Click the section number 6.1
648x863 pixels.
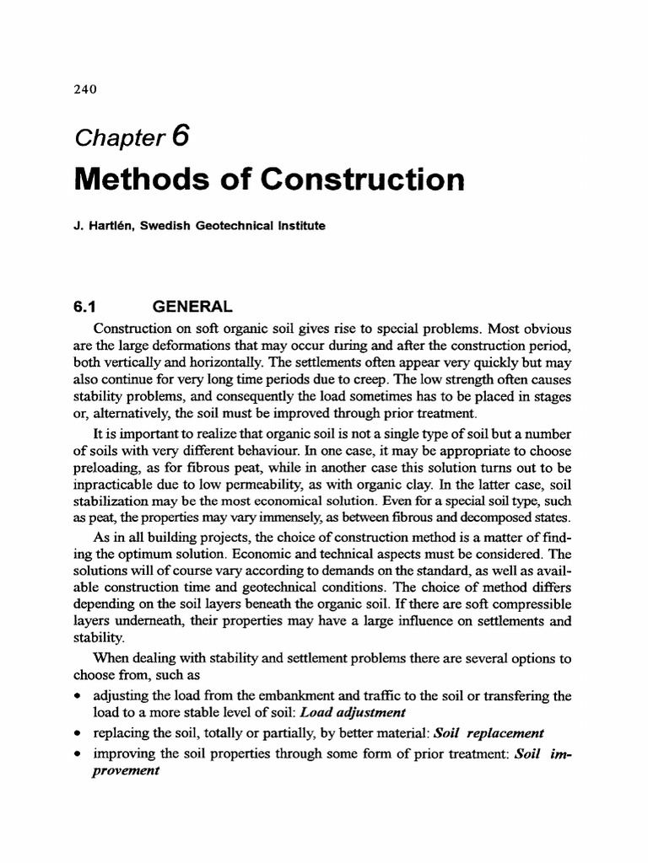click(x=88, y=308)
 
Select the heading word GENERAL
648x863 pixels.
click(x=201, y=308)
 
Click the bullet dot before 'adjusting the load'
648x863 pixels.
click(x=78, y=697)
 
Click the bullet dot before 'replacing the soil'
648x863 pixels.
click(x=78, y=732)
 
